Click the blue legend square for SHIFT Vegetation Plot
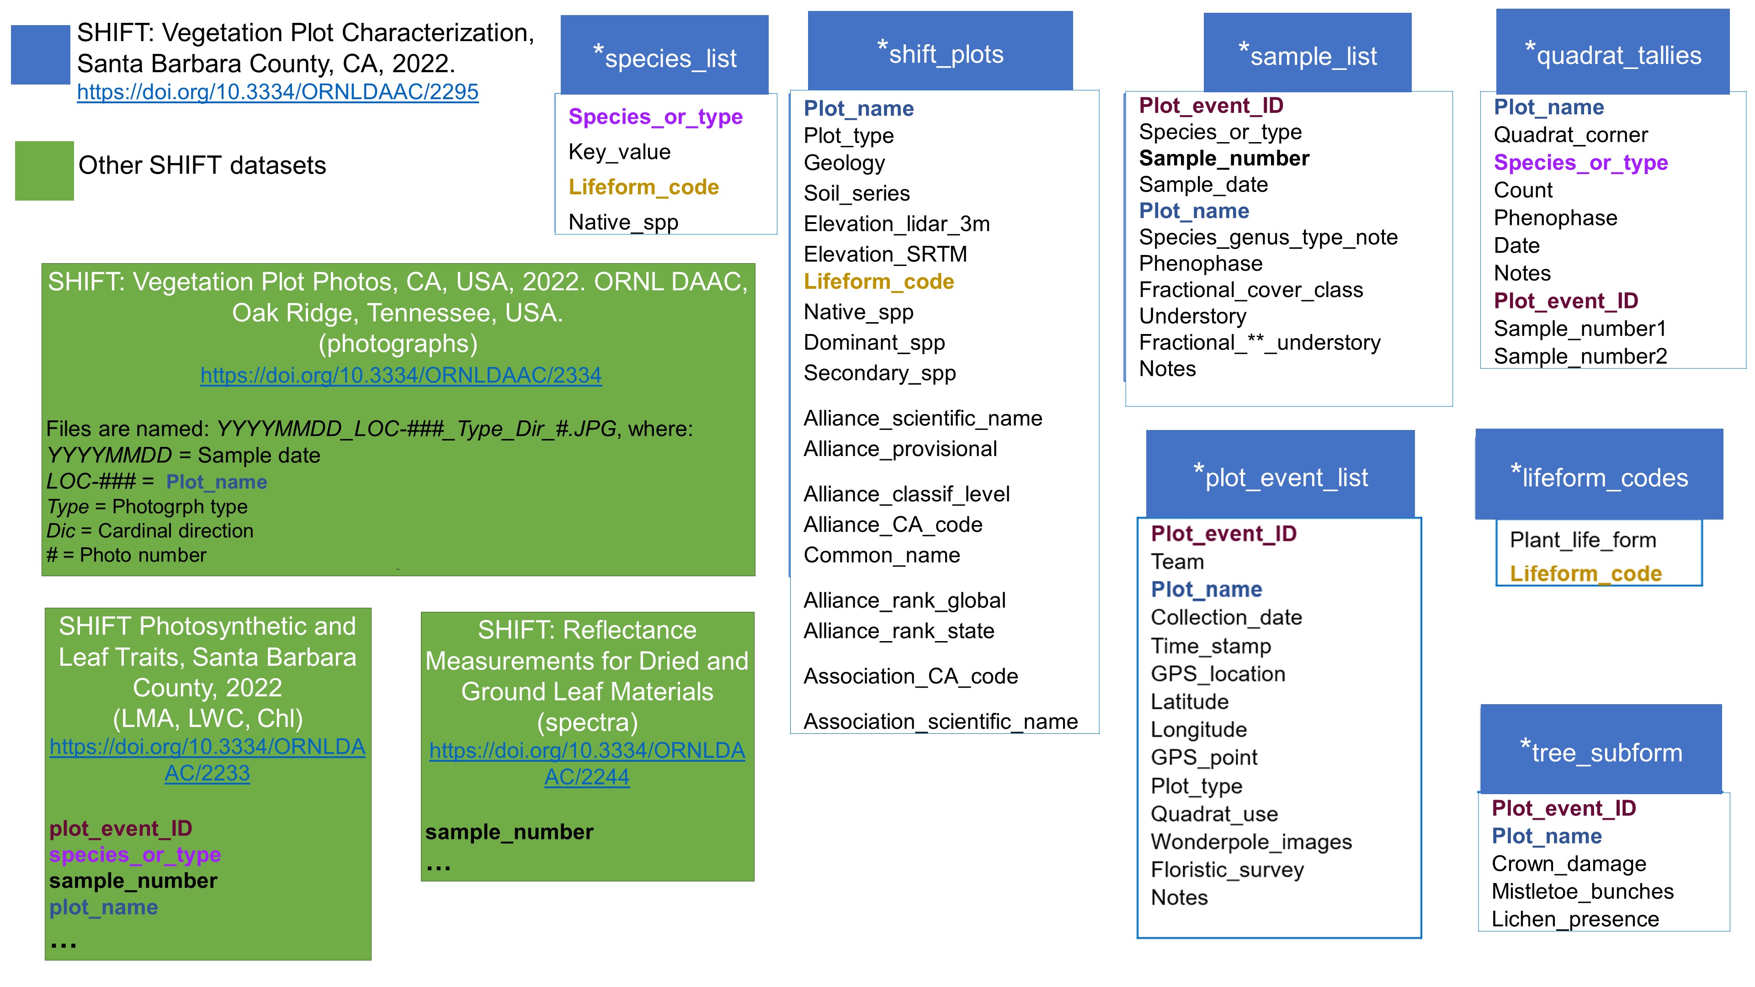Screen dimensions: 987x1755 click(40, 54)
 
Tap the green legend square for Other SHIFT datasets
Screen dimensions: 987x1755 click(44, 170)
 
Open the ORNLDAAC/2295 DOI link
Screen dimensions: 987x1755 click(277, 92)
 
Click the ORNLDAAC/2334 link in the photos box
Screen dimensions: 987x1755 click(401, 375)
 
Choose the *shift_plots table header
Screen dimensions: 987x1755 click(940, 51)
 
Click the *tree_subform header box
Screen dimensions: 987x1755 click(1601, 749)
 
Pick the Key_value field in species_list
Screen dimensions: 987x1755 click(619, 152)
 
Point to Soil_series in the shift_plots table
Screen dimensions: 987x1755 click(856, 193)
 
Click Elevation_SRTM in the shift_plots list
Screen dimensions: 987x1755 click(885, 254)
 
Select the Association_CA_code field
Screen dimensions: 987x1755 click(910, 676)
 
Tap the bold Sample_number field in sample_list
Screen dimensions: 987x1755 click(1223, 159)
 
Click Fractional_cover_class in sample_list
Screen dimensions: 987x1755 click(1251, 290)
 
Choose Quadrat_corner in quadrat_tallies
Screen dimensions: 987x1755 click(1570, 135)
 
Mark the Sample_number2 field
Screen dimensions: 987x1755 click(1580, 356)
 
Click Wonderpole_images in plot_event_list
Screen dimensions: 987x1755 click(1251, 842)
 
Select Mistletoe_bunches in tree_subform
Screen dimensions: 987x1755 click(1582, 891)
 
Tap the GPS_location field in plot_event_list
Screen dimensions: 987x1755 click(1218, 674)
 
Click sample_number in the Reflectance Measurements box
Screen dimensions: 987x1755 click(509, 833)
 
